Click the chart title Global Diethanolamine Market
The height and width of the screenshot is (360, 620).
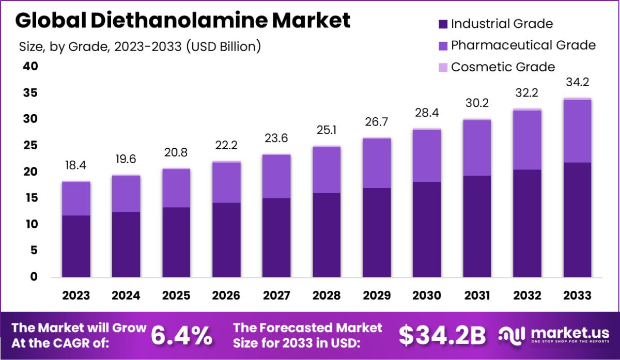coord(183,21)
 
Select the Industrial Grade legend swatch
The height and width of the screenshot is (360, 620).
coord(443,24)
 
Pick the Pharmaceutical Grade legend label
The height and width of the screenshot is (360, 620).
coord(523,45)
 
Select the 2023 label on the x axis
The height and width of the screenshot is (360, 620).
coord(76,295)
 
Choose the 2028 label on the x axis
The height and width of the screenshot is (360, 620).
coord(327,295)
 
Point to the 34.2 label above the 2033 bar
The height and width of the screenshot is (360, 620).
coord(577,83)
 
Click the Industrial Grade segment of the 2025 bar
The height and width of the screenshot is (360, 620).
coord(176,243)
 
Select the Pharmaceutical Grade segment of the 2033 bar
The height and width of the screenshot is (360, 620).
coord(577,131)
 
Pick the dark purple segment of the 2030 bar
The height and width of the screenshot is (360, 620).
coord(427,230)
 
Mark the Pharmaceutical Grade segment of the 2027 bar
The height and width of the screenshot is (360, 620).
coord(276,176)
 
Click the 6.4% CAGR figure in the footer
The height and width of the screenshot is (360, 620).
coord(181,336)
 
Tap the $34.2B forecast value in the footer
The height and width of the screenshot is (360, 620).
coord(442,336)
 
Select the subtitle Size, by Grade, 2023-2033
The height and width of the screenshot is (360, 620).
coord(139,46)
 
